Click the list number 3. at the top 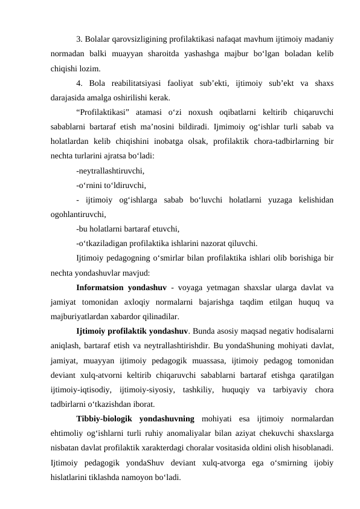[80, 40]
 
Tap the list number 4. [80, 82]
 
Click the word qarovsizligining [143, 40]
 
